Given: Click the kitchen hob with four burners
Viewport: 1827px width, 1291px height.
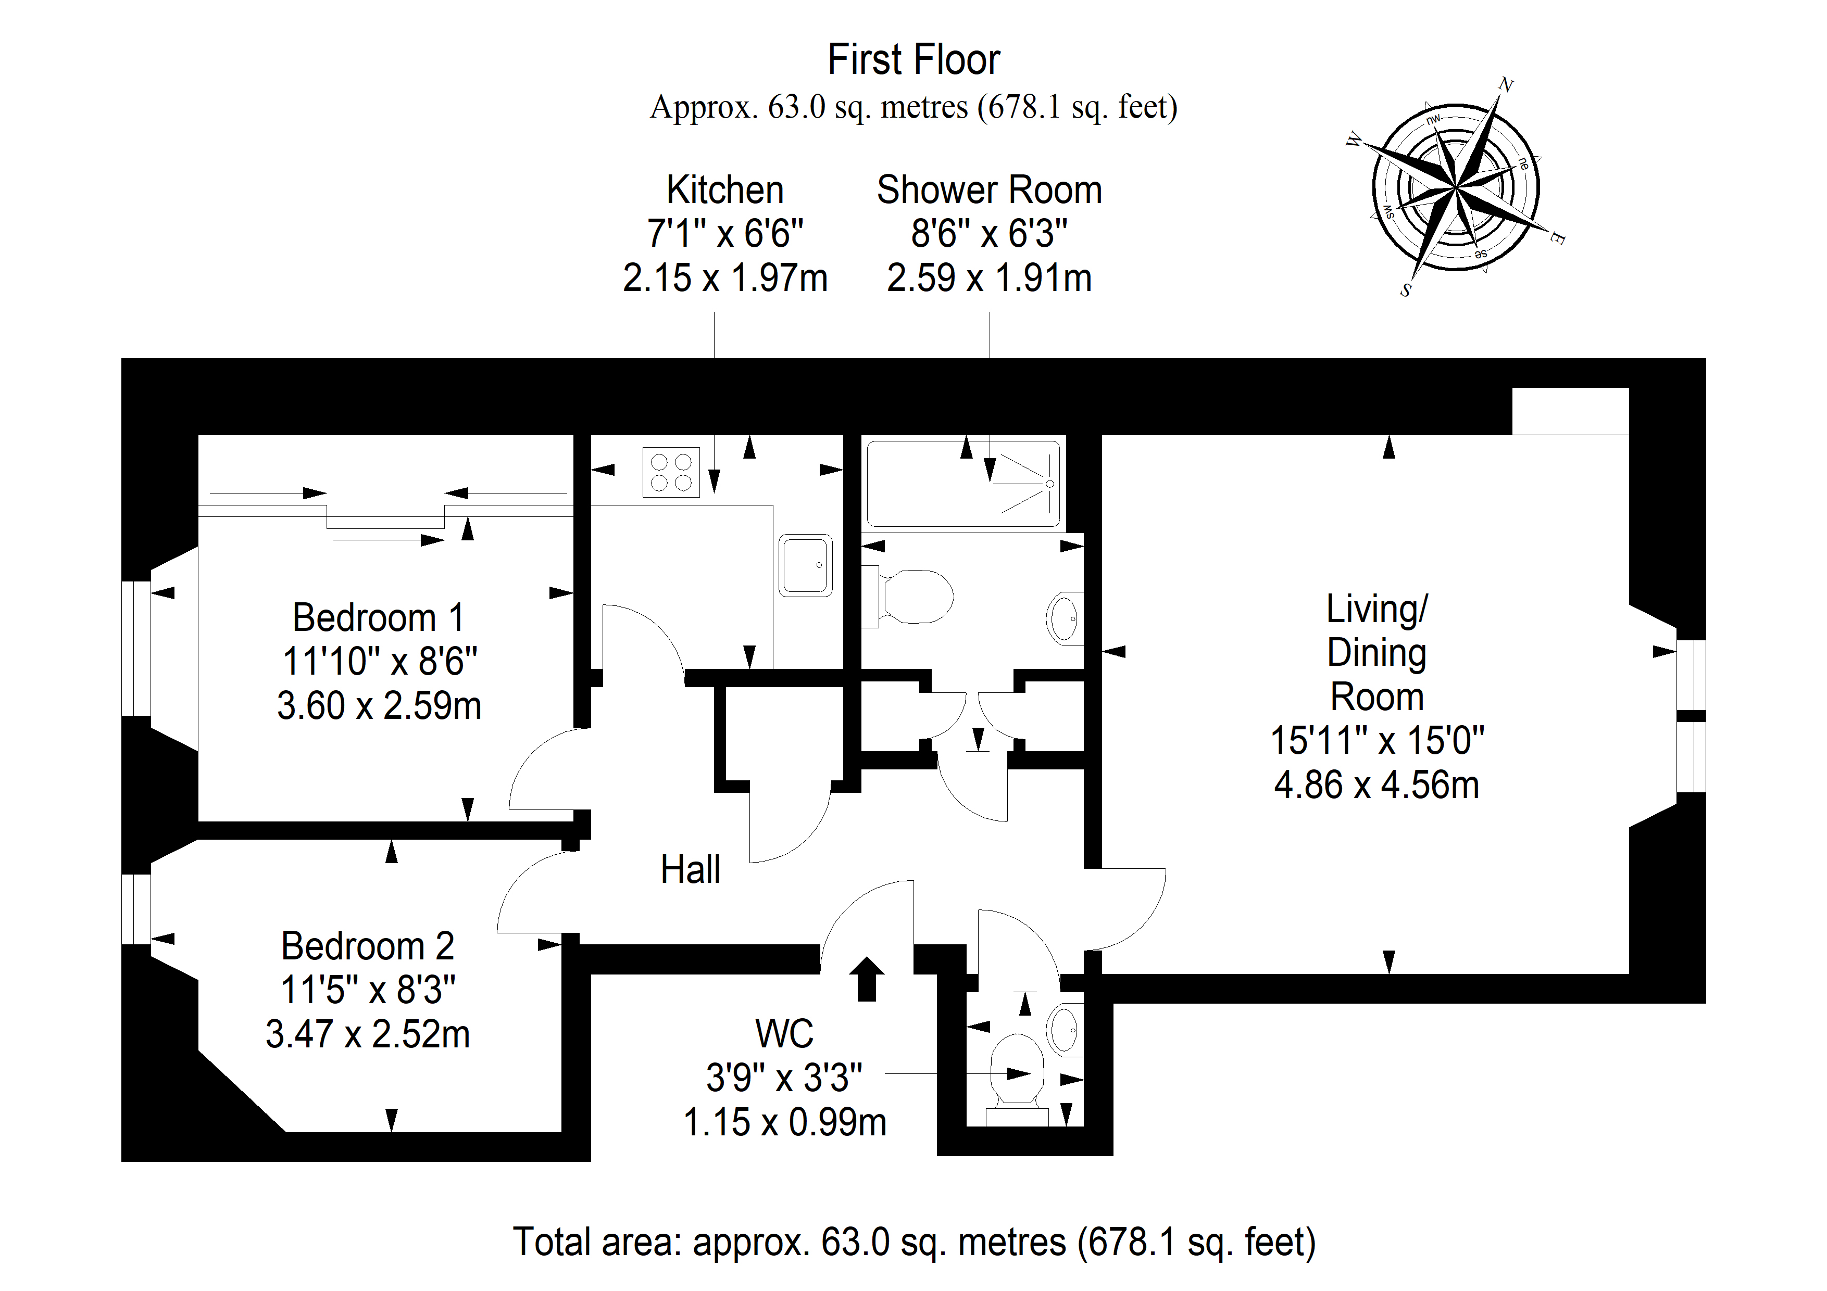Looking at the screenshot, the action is tap(671, 473).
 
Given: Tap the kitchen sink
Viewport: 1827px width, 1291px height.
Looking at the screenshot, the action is tap(806, 565).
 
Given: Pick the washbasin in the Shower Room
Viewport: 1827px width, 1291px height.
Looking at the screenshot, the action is tap(1065, 618).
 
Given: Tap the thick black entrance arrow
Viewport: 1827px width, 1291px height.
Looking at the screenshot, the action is tap(867, 978).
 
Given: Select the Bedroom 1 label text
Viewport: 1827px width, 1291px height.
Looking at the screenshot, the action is tap(378, 617).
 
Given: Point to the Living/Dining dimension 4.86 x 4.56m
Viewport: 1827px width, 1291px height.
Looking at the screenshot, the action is tap(1376, 785).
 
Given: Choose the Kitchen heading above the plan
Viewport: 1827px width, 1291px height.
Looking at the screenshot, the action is tap(725, 190).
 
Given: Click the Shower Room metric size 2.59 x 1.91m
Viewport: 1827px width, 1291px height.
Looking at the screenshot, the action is tap(989, 279).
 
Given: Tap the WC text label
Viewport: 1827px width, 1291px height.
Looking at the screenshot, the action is tap(784, 1034).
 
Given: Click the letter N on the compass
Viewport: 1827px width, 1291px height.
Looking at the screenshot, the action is tap(1506, 84).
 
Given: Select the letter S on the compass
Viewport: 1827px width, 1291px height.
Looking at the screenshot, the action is tap(1406, 290).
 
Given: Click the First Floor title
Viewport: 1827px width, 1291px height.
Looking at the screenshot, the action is tap(913, 60).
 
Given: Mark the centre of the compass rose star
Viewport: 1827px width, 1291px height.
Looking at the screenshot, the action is tap(1455, 188).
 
